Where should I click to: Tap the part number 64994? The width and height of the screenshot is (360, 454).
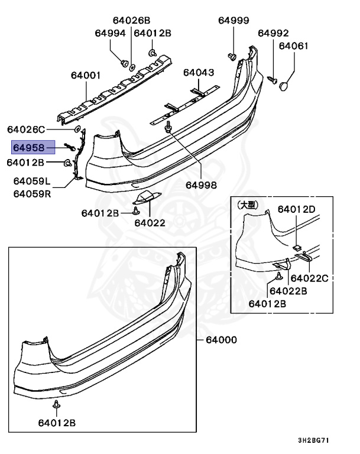pyautogui.click(x=111, y=33)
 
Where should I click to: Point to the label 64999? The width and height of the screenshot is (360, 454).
pyautogui.click(x=233, y=20)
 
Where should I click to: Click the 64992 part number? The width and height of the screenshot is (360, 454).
pyautogui.click(x=273, y=33)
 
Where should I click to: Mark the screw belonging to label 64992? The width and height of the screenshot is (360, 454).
pyautogui.click(x=274, y=77)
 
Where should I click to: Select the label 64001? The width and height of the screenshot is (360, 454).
pyautogui.click(x=86, y=75)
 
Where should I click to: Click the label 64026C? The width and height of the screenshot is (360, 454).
pyautogui.click(x=26, y=129)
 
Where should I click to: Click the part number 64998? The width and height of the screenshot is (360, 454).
pyautogui.click(x=201, y=184)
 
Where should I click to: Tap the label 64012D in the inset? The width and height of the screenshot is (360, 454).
pyautogui.click(x=297, y=209)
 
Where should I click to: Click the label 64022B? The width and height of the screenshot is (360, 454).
pyautogui.click(x=288, y=290)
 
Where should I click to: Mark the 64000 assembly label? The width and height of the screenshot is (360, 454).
pyautogui.click(x=221, y=340)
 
